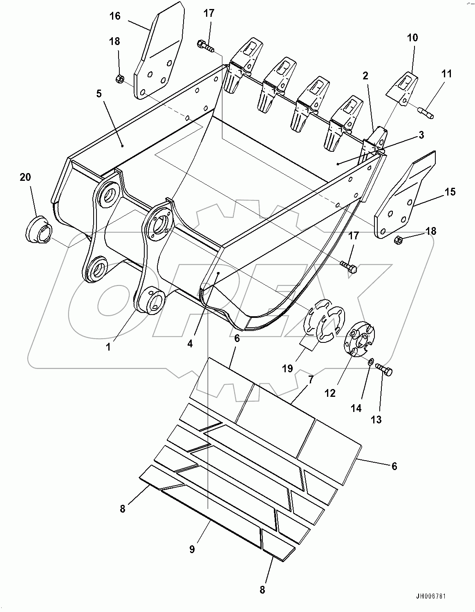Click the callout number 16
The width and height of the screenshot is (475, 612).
115,16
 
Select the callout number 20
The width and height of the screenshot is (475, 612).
25,177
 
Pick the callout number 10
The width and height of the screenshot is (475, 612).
412,38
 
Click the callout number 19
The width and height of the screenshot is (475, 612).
287,368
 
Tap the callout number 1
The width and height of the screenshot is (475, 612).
108,347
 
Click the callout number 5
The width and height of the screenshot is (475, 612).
99,94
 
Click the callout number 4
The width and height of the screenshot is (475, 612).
190,344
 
